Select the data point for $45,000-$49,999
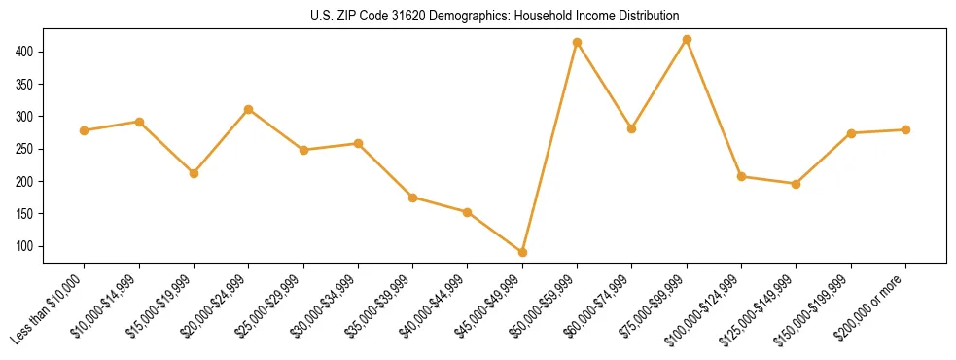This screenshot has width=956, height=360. point(522,252)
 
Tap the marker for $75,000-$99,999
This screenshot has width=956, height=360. point(687,39)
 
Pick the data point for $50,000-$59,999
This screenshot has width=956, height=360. point(578,42)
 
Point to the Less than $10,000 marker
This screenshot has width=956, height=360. point(85,130)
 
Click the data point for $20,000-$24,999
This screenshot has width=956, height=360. point(249,109)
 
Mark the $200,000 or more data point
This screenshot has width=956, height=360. point(905,129)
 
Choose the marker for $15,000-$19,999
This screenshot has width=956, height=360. point(194,173)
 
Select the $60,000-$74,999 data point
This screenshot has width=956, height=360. point(632,128)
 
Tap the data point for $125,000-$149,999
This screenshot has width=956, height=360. point(797,184)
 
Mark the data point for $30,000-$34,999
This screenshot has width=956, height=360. point(358,143)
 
